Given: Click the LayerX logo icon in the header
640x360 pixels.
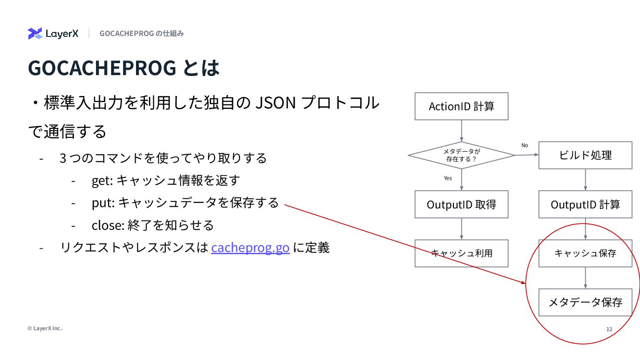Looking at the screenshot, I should [x=35, y=34].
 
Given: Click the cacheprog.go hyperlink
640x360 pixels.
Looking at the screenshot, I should [x=250, y=248].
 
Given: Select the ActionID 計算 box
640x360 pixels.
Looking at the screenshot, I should [x=461, y=106].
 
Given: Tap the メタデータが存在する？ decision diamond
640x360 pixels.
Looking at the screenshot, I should [x=461, y=155].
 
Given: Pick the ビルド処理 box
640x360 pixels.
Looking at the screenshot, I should [x=585, y=155].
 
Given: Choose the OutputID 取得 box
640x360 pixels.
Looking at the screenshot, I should [x=461, y=204].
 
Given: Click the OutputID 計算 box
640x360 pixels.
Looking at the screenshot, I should [x=585, y=204].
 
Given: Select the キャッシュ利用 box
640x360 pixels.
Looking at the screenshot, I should [x=461, y=253].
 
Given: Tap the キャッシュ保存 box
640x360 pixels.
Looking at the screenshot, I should [x=585, y=253].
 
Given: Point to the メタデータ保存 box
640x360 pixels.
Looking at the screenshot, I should [x=585, y=303].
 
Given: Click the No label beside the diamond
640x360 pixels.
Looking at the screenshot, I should [x=524, y=145].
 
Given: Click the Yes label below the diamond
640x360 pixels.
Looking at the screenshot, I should [x=448, y=178].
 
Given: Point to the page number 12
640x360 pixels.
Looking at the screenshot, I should [x=609, y=329].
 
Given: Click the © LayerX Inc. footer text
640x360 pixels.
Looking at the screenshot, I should [x=44, y=328].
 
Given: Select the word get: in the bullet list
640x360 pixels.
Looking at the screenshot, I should [x=102, y=180].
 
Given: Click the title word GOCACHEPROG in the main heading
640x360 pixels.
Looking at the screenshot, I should [x=102, y=68].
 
